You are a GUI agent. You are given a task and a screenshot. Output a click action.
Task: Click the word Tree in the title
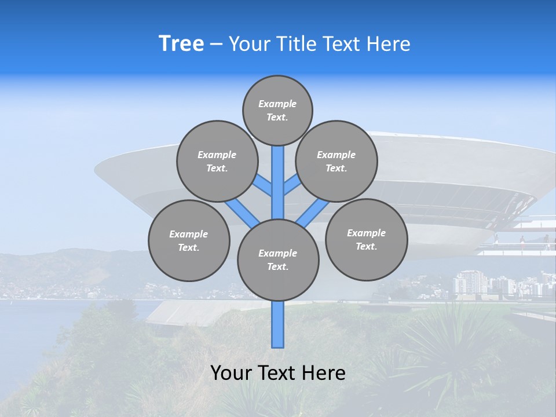coord(181,44)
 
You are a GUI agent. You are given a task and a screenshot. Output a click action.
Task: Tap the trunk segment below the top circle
coord(278,174)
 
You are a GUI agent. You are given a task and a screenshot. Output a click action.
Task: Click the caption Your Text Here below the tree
coord(278,372)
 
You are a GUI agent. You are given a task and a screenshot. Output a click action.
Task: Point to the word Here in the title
coord(391,44)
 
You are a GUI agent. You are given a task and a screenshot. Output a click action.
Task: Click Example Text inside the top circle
coord(277,111)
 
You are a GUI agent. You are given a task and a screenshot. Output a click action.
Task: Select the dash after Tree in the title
coord(216,45)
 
